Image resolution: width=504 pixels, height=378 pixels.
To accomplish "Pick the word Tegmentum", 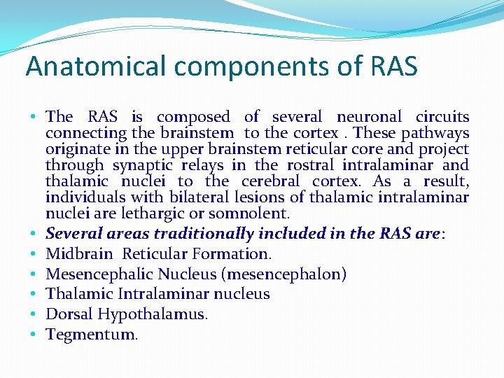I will click(x=92, y=335).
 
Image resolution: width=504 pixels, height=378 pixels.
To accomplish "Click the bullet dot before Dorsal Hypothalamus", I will click(x=34, y=315).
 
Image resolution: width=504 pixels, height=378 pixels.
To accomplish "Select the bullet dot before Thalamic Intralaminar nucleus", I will click(x=34, y=295).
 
